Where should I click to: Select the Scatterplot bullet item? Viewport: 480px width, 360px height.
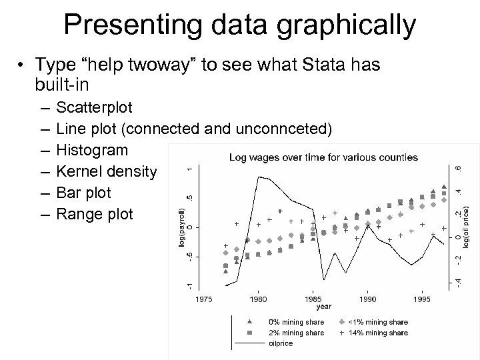[x=95, y=107]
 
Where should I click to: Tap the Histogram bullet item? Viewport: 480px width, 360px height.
[x=91, y=151]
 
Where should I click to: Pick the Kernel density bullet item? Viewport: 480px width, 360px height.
[x=107, y=172]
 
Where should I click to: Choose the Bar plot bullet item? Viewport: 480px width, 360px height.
[x=84, y=193]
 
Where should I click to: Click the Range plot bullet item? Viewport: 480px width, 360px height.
[x=95, y=215]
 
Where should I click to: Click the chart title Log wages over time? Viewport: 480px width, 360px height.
[x=323, y=158]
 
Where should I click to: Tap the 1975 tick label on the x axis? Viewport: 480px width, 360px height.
[x=204, y=299]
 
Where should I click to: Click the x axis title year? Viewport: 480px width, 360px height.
[x=323, y=307]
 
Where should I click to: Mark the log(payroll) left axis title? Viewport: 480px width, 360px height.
[x=183, y=227]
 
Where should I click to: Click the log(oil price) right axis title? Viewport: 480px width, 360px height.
[x=466, y=228]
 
